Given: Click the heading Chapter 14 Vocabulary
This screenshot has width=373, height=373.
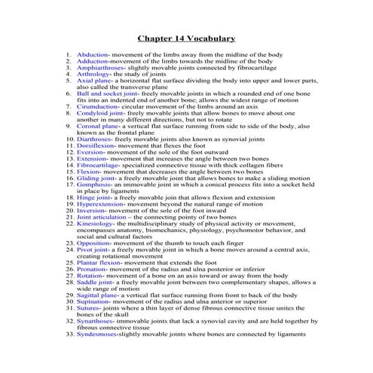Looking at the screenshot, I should tap(186, 38).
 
